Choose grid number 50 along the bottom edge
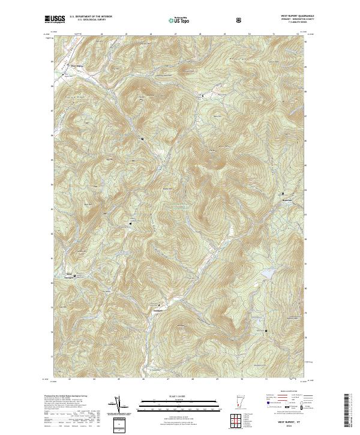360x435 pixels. (242, 379)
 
